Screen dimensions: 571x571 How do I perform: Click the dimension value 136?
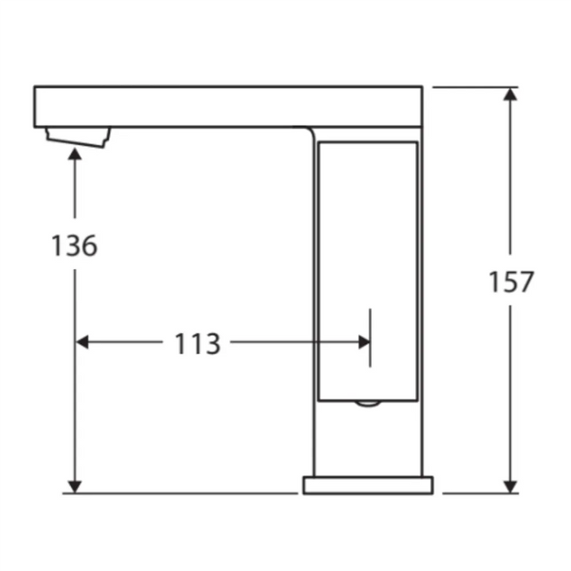point(74,245)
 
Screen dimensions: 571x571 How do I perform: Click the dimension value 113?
point(197,343)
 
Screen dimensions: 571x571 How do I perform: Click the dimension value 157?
point(511,282)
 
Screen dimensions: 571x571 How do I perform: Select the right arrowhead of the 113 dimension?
point(364,342)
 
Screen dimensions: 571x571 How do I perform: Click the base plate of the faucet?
point(367,484)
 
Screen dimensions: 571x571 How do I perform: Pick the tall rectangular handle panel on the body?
point(367,266)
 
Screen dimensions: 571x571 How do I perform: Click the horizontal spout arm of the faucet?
point(221,106)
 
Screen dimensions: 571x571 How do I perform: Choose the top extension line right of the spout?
point(469,87)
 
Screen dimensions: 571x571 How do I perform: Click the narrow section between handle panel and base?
point(367,438)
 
